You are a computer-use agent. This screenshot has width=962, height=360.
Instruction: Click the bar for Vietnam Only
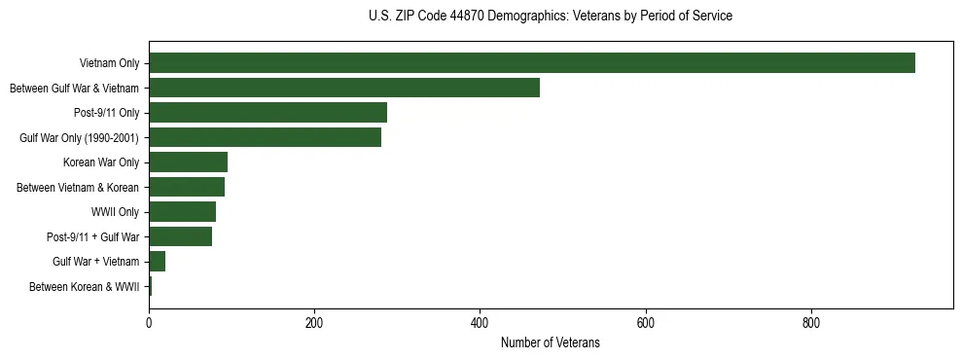532,63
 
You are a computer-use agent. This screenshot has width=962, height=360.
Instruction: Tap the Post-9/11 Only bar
267,113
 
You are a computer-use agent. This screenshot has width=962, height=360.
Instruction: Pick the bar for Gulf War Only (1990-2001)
265,137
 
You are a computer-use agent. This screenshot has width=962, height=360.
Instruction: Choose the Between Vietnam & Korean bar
187,187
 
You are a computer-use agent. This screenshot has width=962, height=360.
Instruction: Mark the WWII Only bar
182,212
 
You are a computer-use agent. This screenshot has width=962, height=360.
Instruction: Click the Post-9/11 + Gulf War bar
180,236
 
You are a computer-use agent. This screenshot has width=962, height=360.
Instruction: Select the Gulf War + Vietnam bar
157,262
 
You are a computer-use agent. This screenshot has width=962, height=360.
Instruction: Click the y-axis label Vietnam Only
109,64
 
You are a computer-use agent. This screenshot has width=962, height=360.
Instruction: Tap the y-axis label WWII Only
115,212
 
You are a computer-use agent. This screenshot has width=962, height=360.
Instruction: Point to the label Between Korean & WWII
85,287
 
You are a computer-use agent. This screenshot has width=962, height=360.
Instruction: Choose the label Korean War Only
102,162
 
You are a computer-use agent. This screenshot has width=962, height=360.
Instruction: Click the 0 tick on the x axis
149,322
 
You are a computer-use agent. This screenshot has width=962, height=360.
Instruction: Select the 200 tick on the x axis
314,322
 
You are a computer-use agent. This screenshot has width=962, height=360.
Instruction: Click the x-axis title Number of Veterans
550,343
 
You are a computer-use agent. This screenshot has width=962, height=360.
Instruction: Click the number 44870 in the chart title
491,17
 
